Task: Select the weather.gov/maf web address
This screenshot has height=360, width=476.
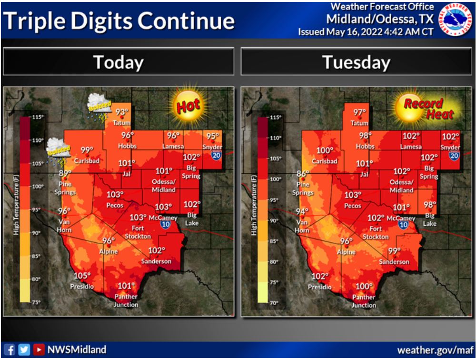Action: point(435,350)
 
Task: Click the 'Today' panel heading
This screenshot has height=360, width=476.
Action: point(118,62)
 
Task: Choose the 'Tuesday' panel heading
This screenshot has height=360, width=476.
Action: point(356,62)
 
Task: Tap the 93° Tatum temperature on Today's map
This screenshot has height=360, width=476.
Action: point(122,112)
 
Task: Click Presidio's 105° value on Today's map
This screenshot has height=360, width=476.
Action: point(82,276)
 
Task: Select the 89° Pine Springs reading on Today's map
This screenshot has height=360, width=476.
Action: point(65,173)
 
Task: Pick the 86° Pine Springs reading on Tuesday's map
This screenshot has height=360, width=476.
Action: point(303,174)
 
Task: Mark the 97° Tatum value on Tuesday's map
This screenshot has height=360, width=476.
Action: point(359,112)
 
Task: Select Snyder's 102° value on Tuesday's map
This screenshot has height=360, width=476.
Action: point(450,136)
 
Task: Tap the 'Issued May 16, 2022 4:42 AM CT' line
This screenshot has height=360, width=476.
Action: point(366,32)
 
